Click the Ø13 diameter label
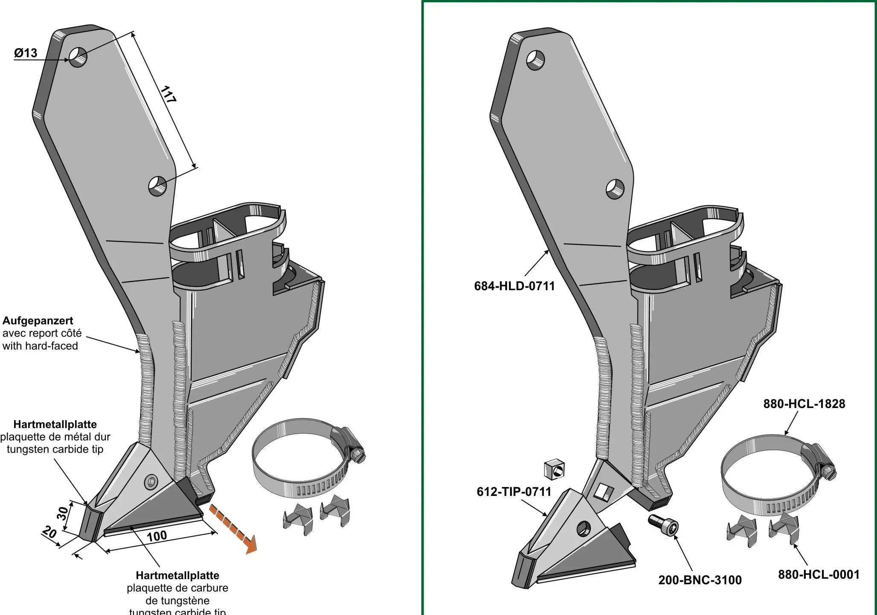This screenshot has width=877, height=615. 26,53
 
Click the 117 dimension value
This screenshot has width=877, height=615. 169,94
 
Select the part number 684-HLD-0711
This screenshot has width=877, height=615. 514,286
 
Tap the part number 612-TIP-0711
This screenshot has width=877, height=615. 514,492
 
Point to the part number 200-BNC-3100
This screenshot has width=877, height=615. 700,580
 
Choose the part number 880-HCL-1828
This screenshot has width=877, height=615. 804,404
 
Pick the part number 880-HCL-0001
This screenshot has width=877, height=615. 819,574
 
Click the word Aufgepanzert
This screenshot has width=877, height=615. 38,321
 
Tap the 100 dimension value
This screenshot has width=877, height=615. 157,536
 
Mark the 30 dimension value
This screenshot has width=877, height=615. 63,513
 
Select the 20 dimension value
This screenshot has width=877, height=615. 50,532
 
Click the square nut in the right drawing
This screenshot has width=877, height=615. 555,469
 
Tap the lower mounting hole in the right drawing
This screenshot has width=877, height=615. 615,189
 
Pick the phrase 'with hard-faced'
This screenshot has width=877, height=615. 40,346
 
